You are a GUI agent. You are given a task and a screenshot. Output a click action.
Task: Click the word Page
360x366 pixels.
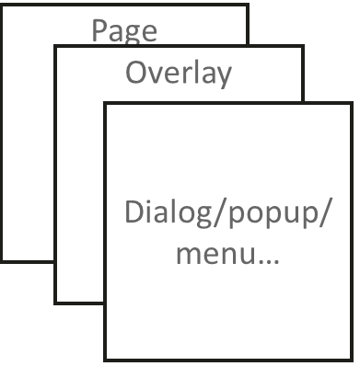coord(124,31)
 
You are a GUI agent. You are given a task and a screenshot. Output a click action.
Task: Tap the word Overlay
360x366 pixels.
coord(179,73)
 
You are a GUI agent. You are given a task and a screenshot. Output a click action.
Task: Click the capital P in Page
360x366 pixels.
coord(99,30)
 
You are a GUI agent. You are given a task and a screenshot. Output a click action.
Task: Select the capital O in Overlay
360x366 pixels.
coord(135,73)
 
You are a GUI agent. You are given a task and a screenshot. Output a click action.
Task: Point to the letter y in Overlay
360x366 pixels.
coord(223,76)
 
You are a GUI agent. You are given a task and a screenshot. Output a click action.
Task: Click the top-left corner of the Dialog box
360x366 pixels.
coord(105,103)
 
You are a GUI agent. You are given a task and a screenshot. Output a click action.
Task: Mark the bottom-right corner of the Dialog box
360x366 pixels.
coord(352,360)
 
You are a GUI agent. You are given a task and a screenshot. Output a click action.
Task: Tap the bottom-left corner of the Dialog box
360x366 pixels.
coord(105,360)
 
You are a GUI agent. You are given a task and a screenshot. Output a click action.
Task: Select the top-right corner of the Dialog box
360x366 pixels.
coord(352,103)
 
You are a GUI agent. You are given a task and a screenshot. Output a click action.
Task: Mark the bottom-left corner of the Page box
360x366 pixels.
coord(2,261)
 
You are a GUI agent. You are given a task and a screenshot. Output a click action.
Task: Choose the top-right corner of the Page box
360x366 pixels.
coord(249,6)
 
